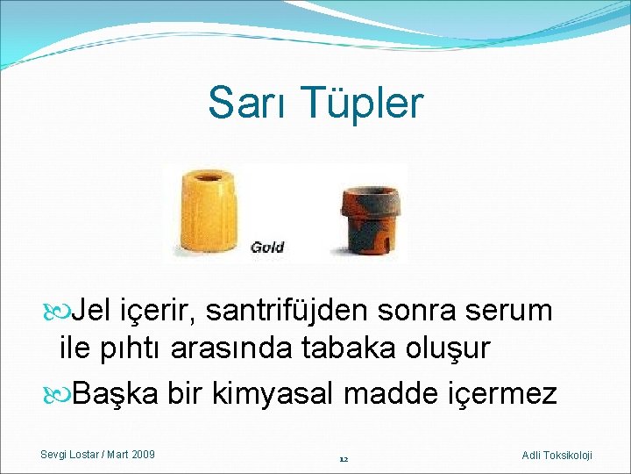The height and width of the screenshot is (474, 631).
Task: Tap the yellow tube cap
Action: click(209, 213)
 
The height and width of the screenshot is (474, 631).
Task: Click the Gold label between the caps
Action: click(267, 247)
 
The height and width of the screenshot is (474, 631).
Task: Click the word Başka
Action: click(115, 393)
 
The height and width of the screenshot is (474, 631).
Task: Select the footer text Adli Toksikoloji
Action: click(557, 455)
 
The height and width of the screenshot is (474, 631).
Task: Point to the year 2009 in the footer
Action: click(142, 454)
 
